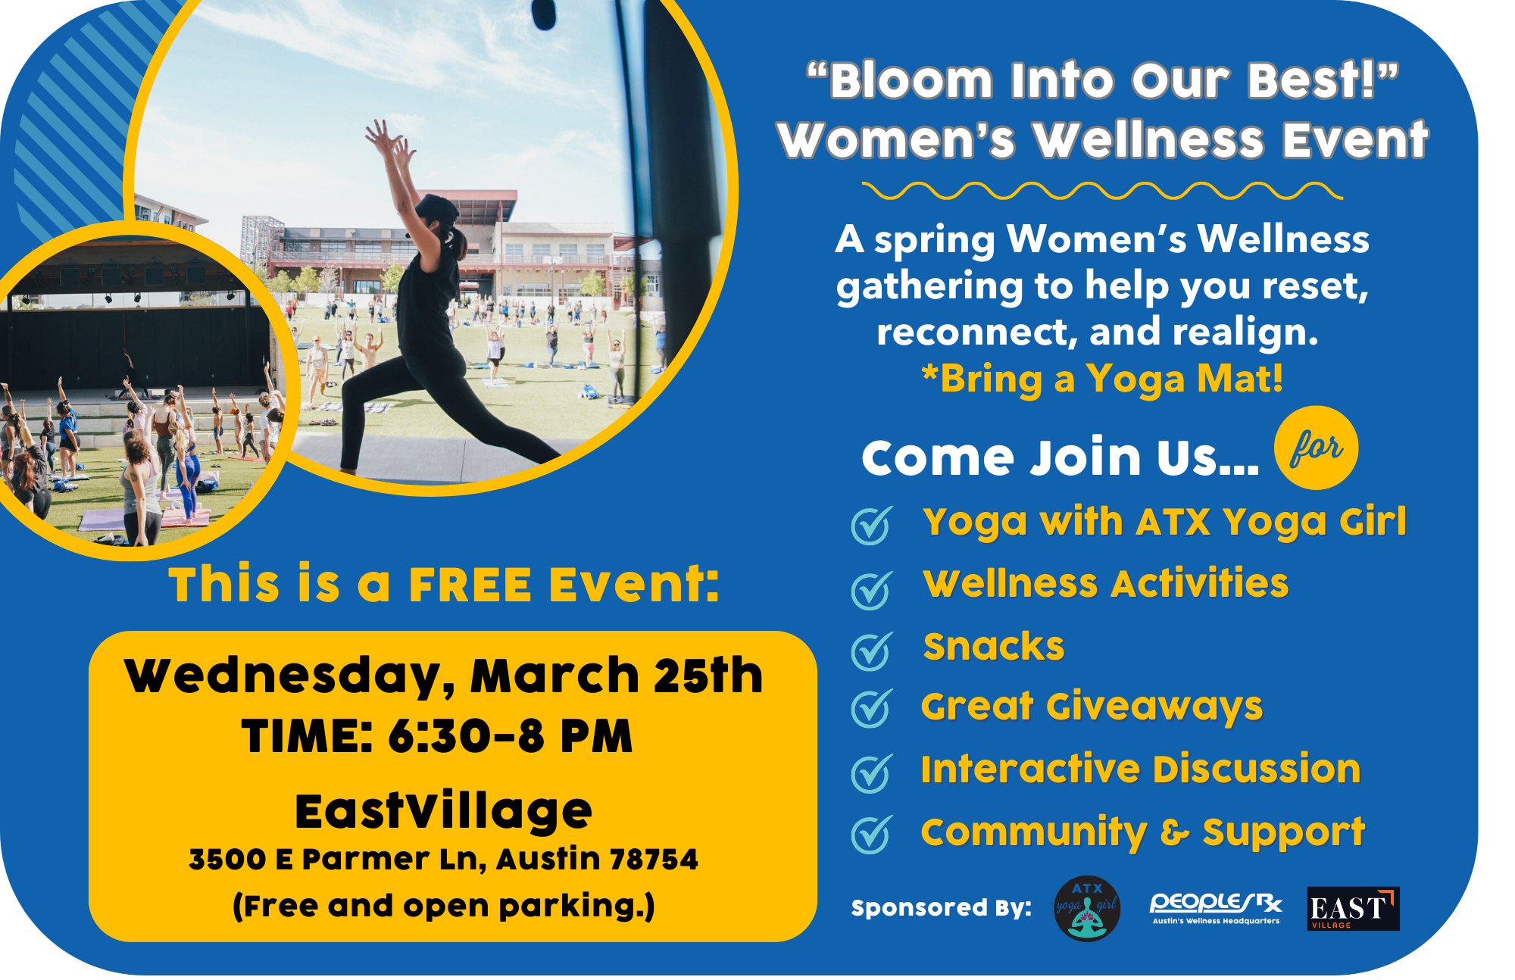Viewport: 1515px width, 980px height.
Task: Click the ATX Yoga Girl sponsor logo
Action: coord(1087,908)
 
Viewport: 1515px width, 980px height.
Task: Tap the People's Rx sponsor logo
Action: coord(1216,908)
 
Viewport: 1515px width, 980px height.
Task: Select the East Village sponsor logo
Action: coord(1353,908)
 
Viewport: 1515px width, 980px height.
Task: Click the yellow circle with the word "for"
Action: coord(1317,448)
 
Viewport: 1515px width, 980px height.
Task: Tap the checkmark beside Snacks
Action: coord(872,651)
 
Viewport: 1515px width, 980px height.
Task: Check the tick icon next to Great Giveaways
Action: coord(872,709)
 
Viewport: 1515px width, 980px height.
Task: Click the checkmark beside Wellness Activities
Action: coord(872,590)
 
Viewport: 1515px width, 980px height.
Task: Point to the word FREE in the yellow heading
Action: coord(470,585)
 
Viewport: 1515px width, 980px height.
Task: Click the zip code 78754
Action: coord(654,860)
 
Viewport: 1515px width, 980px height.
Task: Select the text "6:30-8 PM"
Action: coord(510,735)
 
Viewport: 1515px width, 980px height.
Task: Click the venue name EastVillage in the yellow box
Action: coord(443,811)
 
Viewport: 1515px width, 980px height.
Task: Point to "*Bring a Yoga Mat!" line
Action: coord(1102,379)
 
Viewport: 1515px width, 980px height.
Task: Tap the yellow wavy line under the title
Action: coord(1102,191)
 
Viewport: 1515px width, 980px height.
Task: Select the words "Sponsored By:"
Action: coord(941,908)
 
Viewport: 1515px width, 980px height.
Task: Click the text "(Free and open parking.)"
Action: coord(444,906)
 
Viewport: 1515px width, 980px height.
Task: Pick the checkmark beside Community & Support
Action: coord(872,835)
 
